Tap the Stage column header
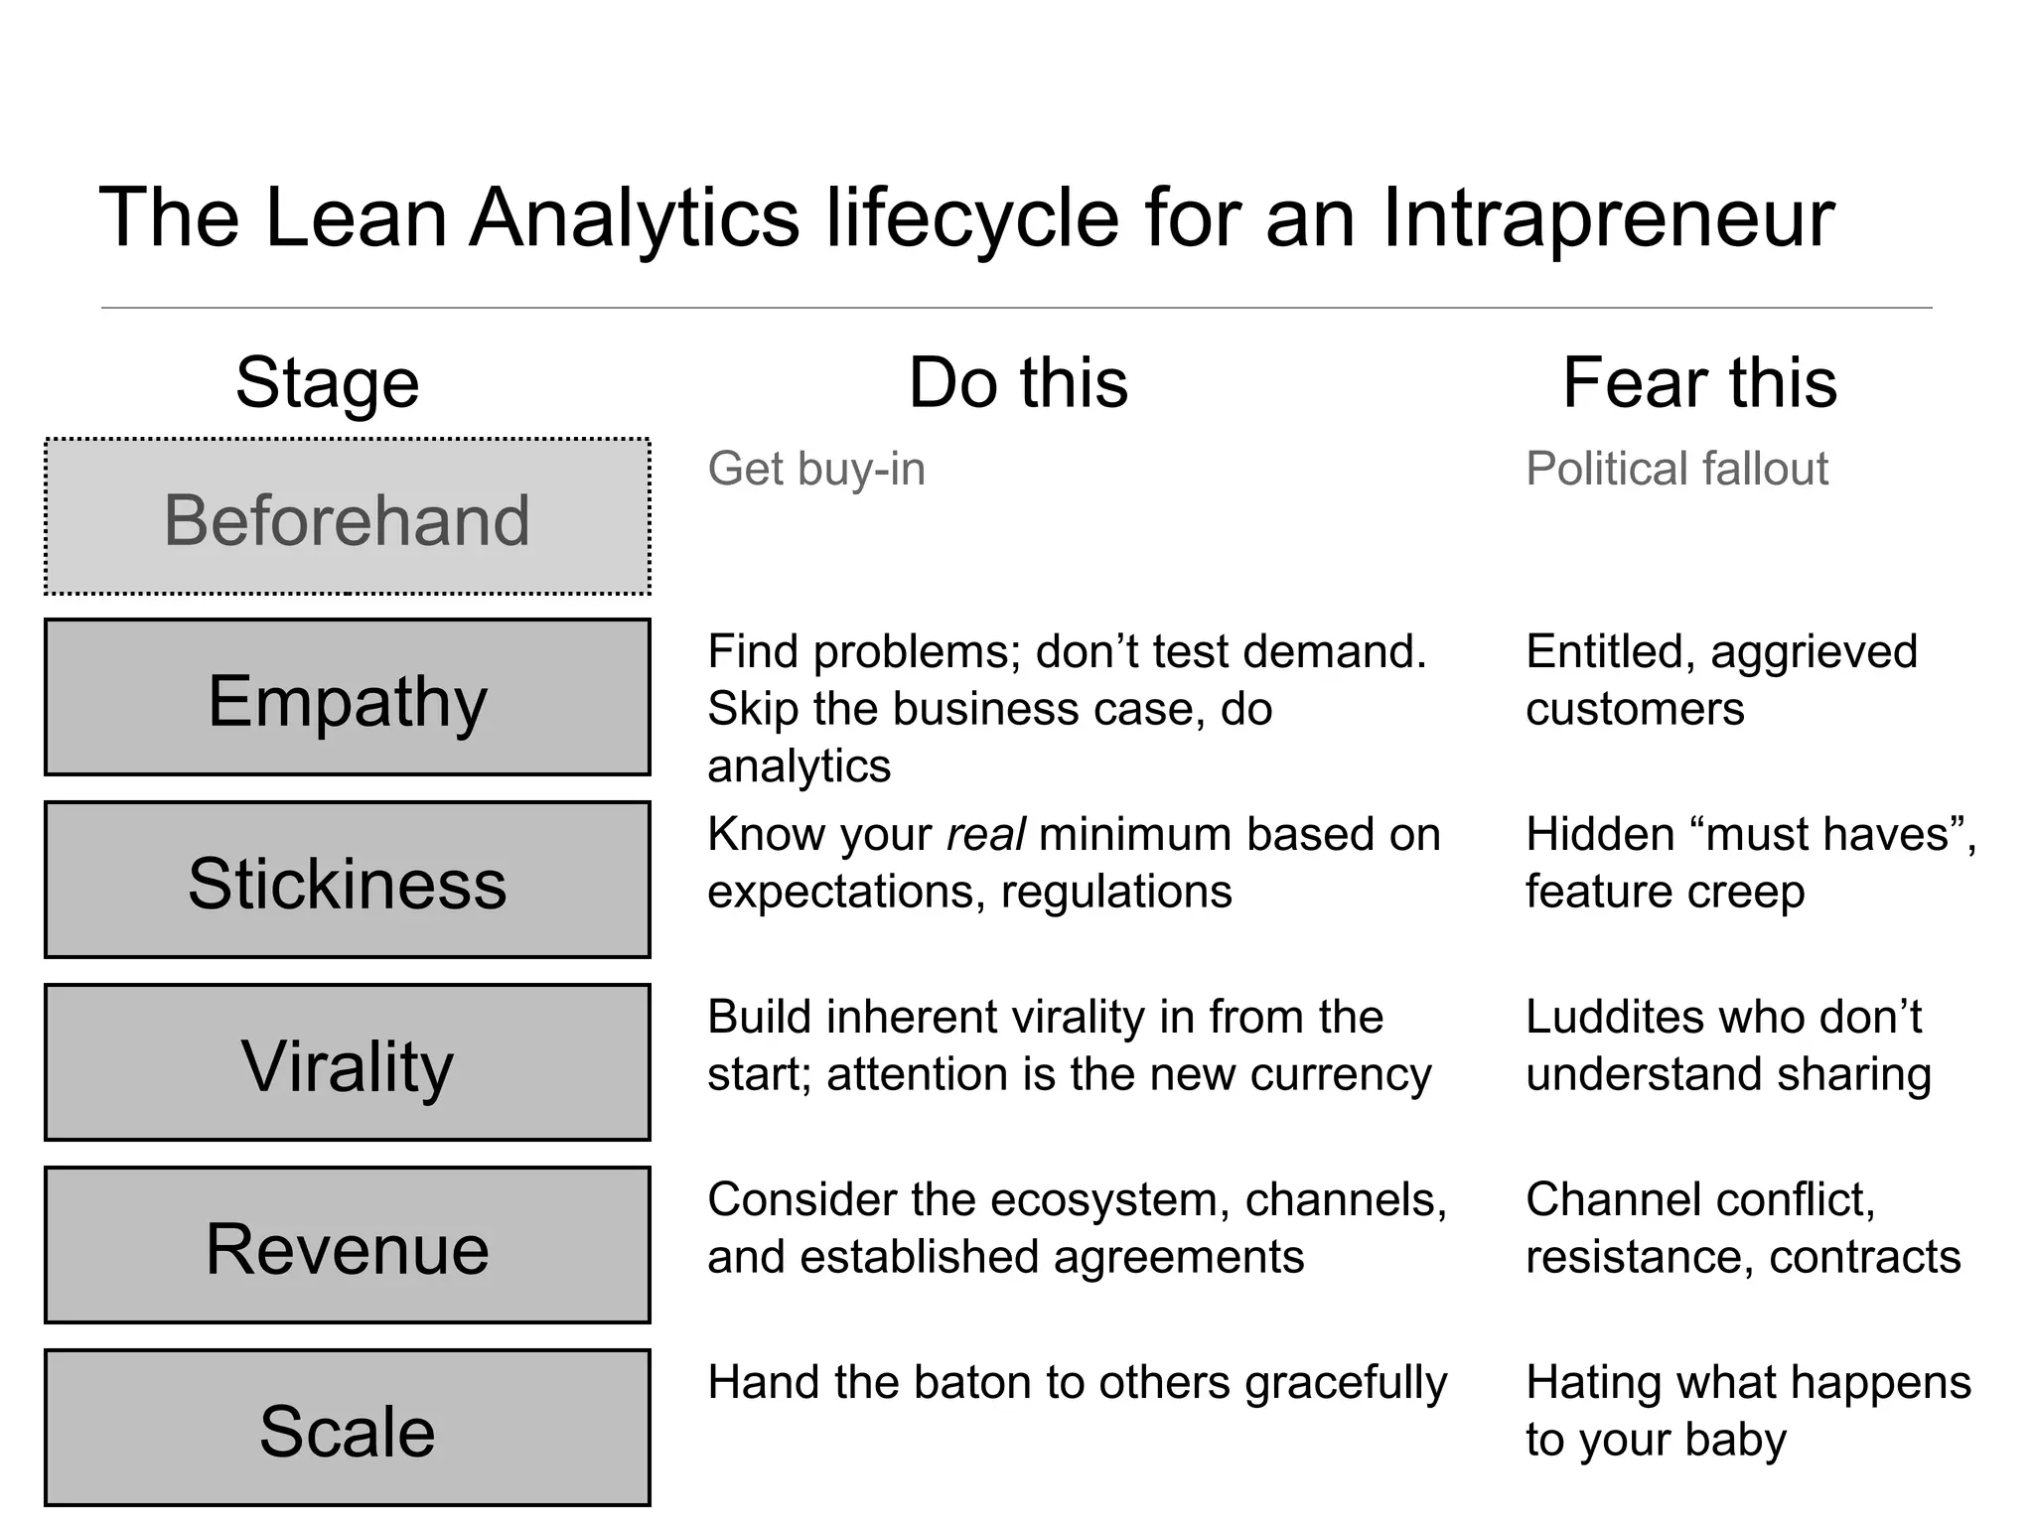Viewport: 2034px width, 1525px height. [327, 383]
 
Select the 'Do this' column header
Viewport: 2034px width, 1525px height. [1018, 383]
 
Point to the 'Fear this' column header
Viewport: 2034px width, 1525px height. [1699, 383]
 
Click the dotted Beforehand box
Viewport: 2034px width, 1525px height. [347, 517]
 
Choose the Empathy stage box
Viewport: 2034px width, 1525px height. [347, 698]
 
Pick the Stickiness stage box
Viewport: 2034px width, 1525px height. [347, 881]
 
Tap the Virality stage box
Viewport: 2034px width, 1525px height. [347, 1063]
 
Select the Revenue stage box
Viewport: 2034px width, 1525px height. [347, 1246]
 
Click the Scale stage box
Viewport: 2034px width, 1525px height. [347, 1429]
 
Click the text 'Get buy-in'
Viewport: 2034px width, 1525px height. [815, 469]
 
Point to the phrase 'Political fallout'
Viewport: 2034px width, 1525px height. [1676, 469]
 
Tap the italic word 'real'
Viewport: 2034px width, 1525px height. [984, 835]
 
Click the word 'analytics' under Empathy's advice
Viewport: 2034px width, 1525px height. [799, 766]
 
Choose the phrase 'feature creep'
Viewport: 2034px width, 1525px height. [1665, 893]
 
